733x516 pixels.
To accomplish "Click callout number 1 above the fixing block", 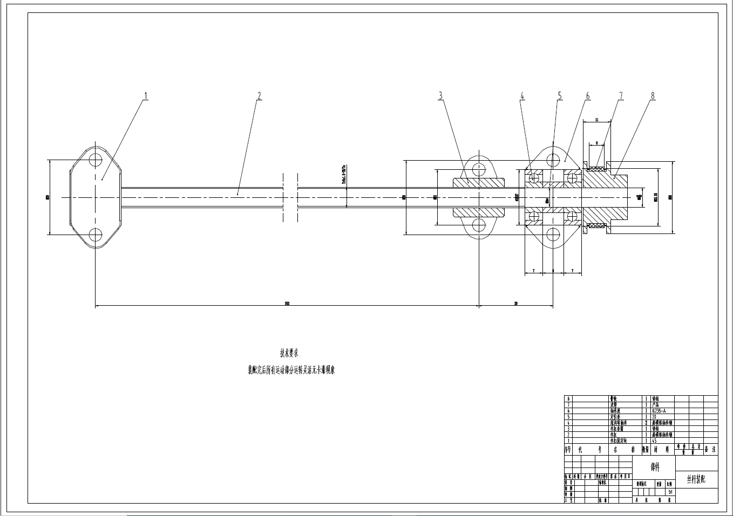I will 145,96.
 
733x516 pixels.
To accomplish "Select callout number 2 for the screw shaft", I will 259,96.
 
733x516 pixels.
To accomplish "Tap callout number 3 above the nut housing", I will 440,96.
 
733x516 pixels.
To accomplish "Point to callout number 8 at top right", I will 653,96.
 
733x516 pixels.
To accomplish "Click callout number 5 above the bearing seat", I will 560,96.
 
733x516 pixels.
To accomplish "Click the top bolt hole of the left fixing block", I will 96,160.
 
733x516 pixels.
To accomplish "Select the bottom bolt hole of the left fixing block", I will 96,235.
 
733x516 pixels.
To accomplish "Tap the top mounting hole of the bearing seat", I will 553,160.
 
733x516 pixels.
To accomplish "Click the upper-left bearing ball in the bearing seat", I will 534,177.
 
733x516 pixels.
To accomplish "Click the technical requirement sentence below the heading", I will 291,370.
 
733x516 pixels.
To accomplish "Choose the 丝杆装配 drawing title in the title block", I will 696,479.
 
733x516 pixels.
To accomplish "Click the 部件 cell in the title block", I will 654,467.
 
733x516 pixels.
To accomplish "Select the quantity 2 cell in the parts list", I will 646,423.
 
